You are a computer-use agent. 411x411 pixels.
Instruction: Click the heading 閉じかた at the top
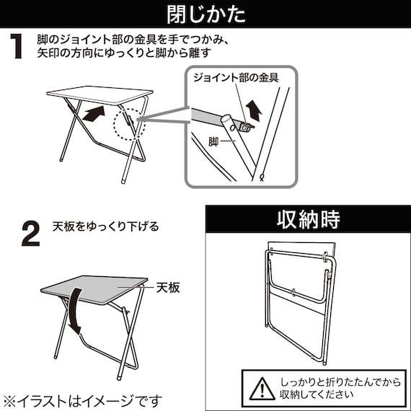205,14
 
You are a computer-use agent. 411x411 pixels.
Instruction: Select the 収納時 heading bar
307,218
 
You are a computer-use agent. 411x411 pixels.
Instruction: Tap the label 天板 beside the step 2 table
167,288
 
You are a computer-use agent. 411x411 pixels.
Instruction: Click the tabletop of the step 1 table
99,94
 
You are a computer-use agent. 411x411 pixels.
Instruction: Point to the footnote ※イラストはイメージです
83,399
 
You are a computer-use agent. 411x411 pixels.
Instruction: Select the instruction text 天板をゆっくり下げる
105,226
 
